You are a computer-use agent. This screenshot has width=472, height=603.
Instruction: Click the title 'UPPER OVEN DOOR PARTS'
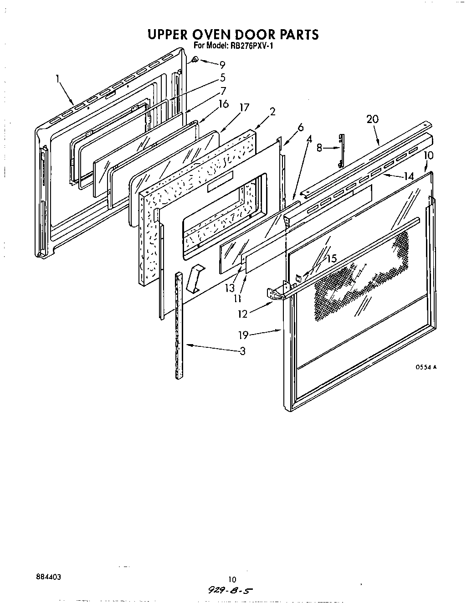tap(232, 35)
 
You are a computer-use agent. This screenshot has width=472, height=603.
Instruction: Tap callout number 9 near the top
tap(222, 65)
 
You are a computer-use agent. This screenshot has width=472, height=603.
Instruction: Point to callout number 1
tap(58, 78)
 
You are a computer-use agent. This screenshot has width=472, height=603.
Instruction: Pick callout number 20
tap(372, 119)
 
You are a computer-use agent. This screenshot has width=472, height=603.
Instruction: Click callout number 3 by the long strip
tap(242, 351)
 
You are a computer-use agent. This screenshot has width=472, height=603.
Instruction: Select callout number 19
tap(243, 335)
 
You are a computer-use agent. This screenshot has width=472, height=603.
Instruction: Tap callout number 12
tap(242, 314)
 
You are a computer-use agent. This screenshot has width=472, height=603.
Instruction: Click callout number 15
tap(331, 258)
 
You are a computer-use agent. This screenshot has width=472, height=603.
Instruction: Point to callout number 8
tap(319, 147)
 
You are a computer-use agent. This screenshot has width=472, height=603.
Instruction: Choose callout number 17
tap(244, 108)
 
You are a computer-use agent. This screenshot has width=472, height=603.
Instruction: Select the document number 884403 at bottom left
tap(48, 577)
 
